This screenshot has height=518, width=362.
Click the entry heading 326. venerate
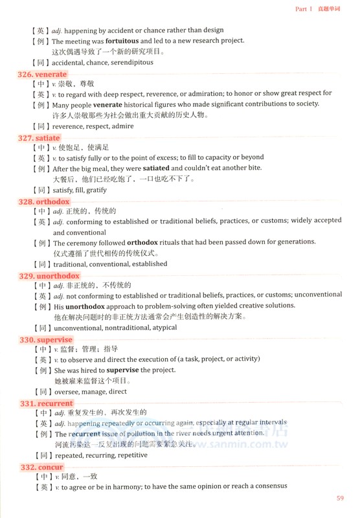coord(43,74)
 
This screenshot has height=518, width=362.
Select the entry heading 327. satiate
coord(40,138)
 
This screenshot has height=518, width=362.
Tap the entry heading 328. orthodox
coord(43,201)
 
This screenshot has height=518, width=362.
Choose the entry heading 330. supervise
coord(45,339)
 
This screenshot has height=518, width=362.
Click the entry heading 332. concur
coord(41,467)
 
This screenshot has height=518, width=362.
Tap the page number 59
coord(340,498)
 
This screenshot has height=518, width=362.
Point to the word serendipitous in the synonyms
coord(130,63)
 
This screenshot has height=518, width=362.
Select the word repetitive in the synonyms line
coord(131,455)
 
